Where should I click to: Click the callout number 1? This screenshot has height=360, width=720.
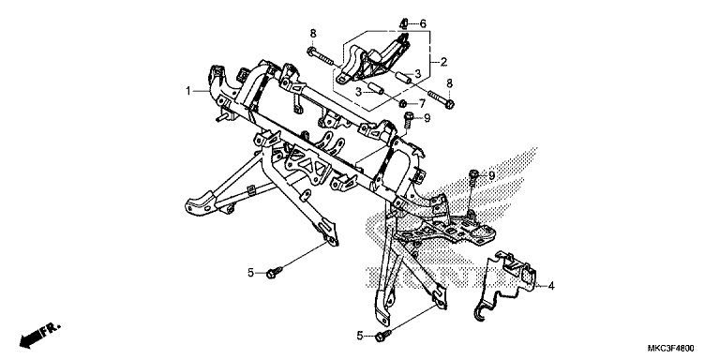pos(187,91)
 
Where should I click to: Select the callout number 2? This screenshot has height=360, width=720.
pos(443,62)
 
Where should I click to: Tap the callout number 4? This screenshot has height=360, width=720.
pos(551,286)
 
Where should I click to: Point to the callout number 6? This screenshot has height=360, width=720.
pos(423,23)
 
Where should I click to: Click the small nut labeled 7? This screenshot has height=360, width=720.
pos(403,102)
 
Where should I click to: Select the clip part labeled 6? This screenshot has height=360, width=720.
pos(404,22)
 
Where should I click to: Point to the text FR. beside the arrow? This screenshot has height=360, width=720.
pos(51,329)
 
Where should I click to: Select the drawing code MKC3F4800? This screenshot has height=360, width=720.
pos(671,348)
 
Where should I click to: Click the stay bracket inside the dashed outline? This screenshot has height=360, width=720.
pos(374,60)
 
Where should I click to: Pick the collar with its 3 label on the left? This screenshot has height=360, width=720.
pos(376,88)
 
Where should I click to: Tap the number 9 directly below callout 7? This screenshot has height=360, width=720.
pos(427,118)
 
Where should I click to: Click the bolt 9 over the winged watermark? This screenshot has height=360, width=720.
pos(473,176)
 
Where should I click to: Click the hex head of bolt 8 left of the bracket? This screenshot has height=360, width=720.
pos(312,50)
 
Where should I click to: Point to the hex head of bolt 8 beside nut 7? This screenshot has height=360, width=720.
pos(450,104)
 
